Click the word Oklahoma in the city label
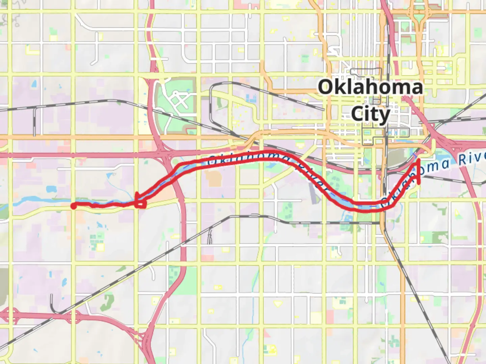pyautogui.click(x=370, y=87)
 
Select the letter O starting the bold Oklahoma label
pyautogui.click(x=325, y=87)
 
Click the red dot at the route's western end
pyautogui.click(x=73, y=206)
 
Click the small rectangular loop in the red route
pyautogui.click(x=141, y=204)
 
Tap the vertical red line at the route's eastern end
pyautogui.click(x=419, y=172)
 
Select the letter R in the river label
pyautogui.click(x=462, y=160)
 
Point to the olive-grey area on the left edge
pyautogui.click(x=3, y=286)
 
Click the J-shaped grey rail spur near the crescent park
pyautogui.click(x=53, y=303)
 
